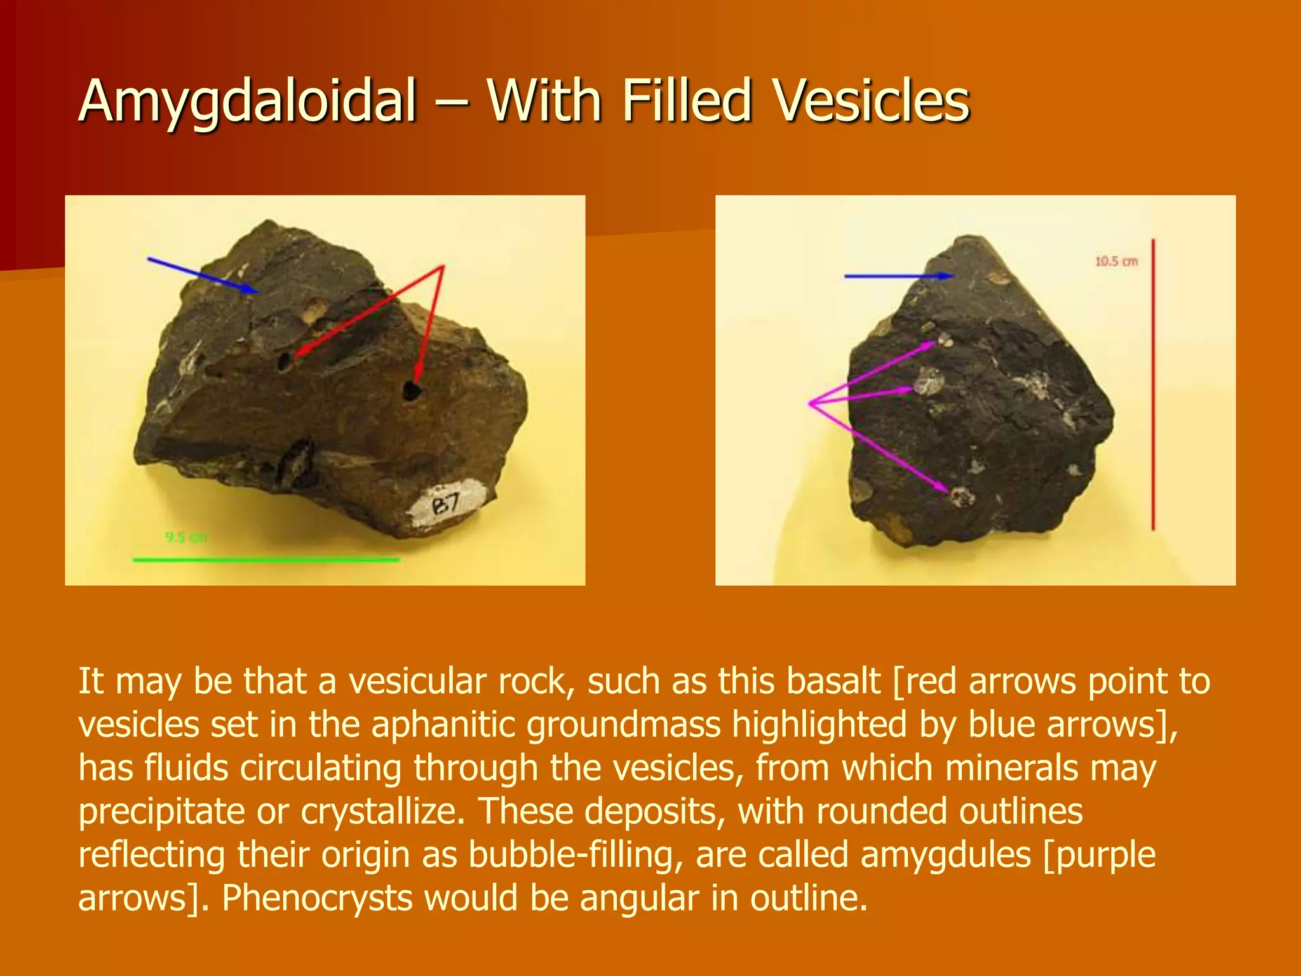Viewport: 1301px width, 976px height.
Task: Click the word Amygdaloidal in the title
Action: (248, 102)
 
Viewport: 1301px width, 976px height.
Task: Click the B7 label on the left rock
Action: (446, 505)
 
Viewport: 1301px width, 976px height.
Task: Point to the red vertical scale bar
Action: (1153, 384)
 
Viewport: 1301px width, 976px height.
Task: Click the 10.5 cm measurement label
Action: (1116, 261)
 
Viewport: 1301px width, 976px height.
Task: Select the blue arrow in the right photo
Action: (898, 276)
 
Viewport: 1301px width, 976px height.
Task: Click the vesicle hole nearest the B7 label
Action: (413, 390)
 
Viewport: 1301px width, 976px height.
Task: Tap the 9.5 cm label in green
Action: (186, 538)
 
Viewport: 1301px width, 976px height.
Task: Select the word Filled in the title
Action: (687, 102)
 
